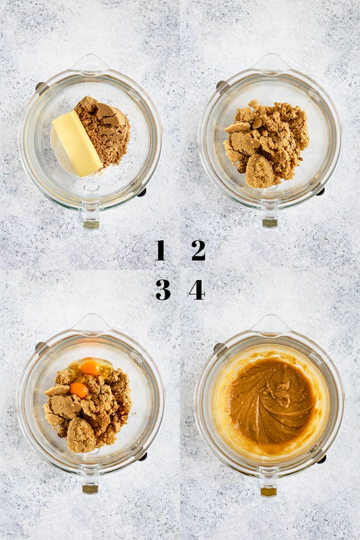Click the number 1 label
pos(160,250)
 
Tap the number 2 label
pos(199,250)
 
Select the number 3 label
pos(163,290)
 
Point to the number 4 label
pos(196,290)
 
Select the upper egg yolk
pos(90,367)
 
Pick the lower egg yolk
pos(79,390)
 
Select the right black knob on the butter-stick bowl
pos(142,192)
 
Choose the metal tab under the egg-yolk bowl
pos(90,488)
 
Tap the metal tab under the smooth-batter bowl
pos(268,491)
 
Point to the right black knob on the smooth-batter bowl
pos(321,458)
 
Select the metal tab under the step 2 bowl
pos(269,222)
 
